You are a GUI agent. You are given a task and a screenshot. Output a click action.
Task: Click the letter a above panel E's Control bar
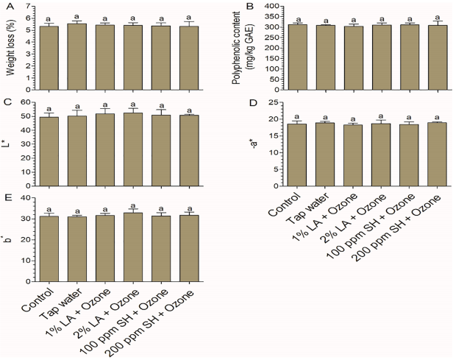pos(50,208)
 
